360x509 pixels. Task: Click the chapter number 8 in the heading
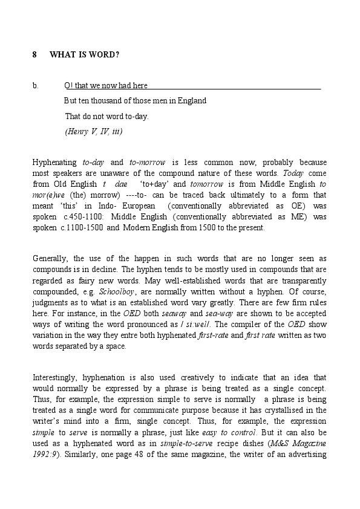(34, 55)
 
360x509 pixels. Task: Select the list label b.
(35, 86)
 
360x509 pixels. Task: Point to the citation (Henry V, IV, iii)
(94, 132)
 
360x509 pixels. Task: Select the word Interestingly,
(59, 378)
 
